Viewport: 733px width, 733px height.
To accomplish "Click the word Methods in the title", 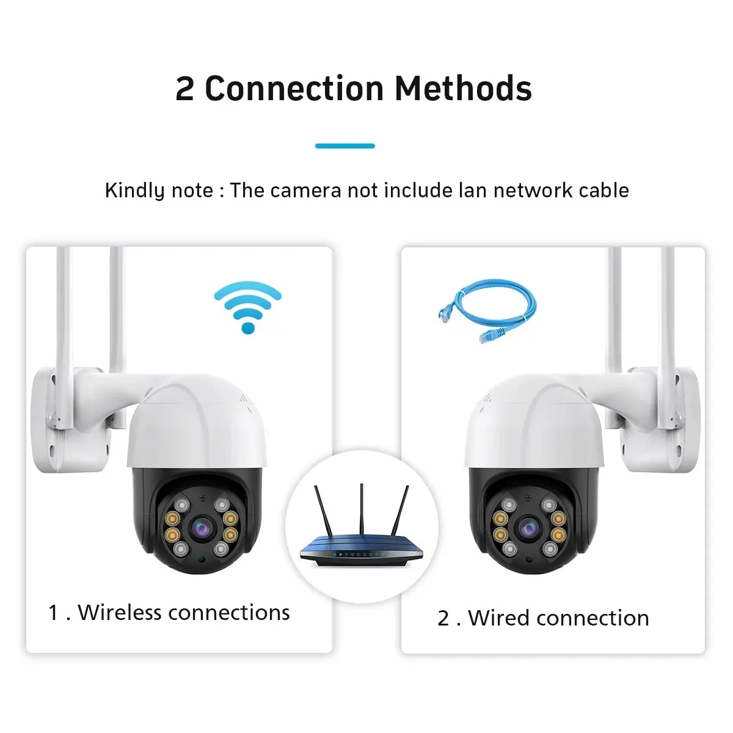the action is click(x=463, y=89).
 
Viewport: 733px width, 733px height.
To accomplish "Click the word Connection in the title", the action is click(x=294, y=89).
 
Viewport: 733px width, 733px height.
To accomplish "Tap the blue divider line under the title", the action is click(x=345, y=146).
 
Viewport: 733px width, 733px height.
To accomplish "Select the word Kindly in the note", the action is click(x=134, y=190).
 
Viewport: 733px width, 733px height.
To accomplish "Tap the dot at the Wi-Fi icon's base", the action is click(x=248, y=328).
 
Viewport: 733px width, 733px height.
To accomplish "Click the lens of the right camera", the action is click(x=528, y=528).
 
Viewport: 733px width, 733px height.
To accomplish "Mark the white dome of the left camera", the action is click(x=197, y=421).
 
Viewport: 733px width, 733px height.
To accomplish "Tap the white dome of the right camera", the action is click(x=534, y=421).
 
